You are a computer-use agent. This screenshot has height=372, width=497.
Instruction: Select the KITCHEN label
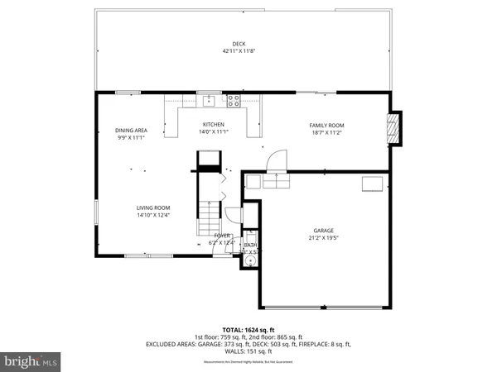tap(214, 125)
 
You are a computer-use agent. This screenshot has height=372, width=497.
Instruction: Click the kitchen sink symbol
tap(210, 101)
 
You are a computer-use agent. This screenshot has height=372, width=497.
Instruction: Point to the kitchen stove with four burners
tap(234, 101)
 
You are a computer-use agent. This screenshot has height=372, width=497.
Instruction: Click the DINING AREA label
tap(131, 131)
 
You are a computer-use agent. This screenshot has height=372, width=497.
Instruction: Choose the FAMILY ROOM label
tap(326, 125)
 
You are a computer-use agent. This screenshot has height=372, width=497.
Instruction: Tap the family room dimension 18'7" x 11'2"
tap(326, 132)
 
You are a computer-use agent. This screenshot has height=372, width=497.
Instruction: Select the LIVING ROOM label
tap(153, 207)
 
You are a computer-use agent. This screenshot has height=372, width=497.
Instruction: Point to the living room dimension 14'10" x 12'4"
tap(153, 215)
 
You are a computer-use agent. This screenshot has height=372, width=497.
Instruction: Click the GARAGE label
tap(323, 231)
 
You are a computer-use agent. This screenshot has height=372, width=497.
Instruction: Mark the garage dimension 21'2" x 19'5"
tap(323, 238)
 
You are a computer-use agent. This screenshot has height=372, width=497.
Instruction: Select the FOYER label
tap(222, 236)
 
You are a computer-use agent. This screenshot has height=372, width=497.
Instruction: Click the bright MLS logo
tap(31, 361)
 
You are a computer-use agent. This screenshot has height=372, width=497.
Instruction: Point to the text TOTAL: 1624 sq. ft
tap(248, 330)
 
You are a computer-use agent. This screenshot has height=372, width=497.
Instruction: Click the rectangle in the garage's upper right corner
tap(374, 184)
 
